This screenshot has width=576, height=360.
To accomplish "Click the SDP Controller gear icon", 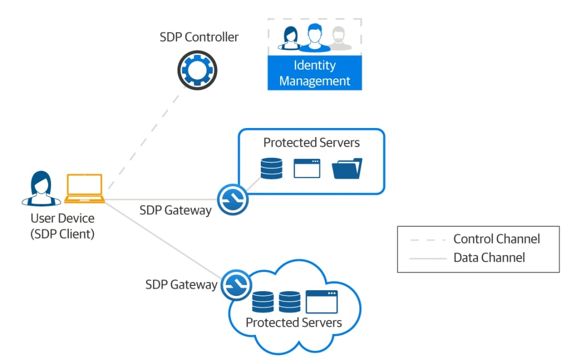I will click(197, 69).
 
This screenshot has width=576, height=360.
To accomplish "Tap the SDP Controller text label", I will click(199, 37).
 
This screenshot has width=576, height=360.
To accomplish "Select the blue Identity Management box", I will click(315, 73).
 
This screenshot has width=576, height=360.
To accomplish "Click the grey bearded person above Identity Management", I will click(340, 39).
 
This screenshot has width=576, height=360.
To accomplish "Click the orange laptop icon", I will click(84, 189).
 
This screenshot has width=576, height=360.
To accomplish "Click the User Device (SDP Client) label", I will click(62, 226).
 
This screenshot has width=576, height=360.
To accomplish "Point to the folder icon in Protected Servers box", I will click(347, 168).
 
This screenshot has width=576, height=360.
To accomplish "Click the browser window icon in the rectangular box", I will click(307, 168).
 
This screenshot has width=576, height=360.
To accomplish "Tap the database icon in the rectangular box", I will click(271, 168).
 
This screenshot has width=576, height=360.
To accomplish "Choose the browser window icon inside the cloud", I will click(322, 301).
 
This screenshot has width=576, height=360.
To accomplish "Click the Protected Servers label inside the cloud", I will click(293, 323).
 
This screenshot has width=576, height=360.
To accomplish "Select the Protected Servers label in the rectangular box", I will click(311, 143).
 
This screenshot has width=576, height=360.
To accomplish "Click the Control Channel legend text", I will click(497, 239).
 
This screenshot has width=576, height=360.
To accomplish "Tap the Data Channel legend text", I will click(489, 258).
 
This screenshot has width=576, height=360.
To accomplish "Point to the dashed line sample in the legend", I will click(428, 239).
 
